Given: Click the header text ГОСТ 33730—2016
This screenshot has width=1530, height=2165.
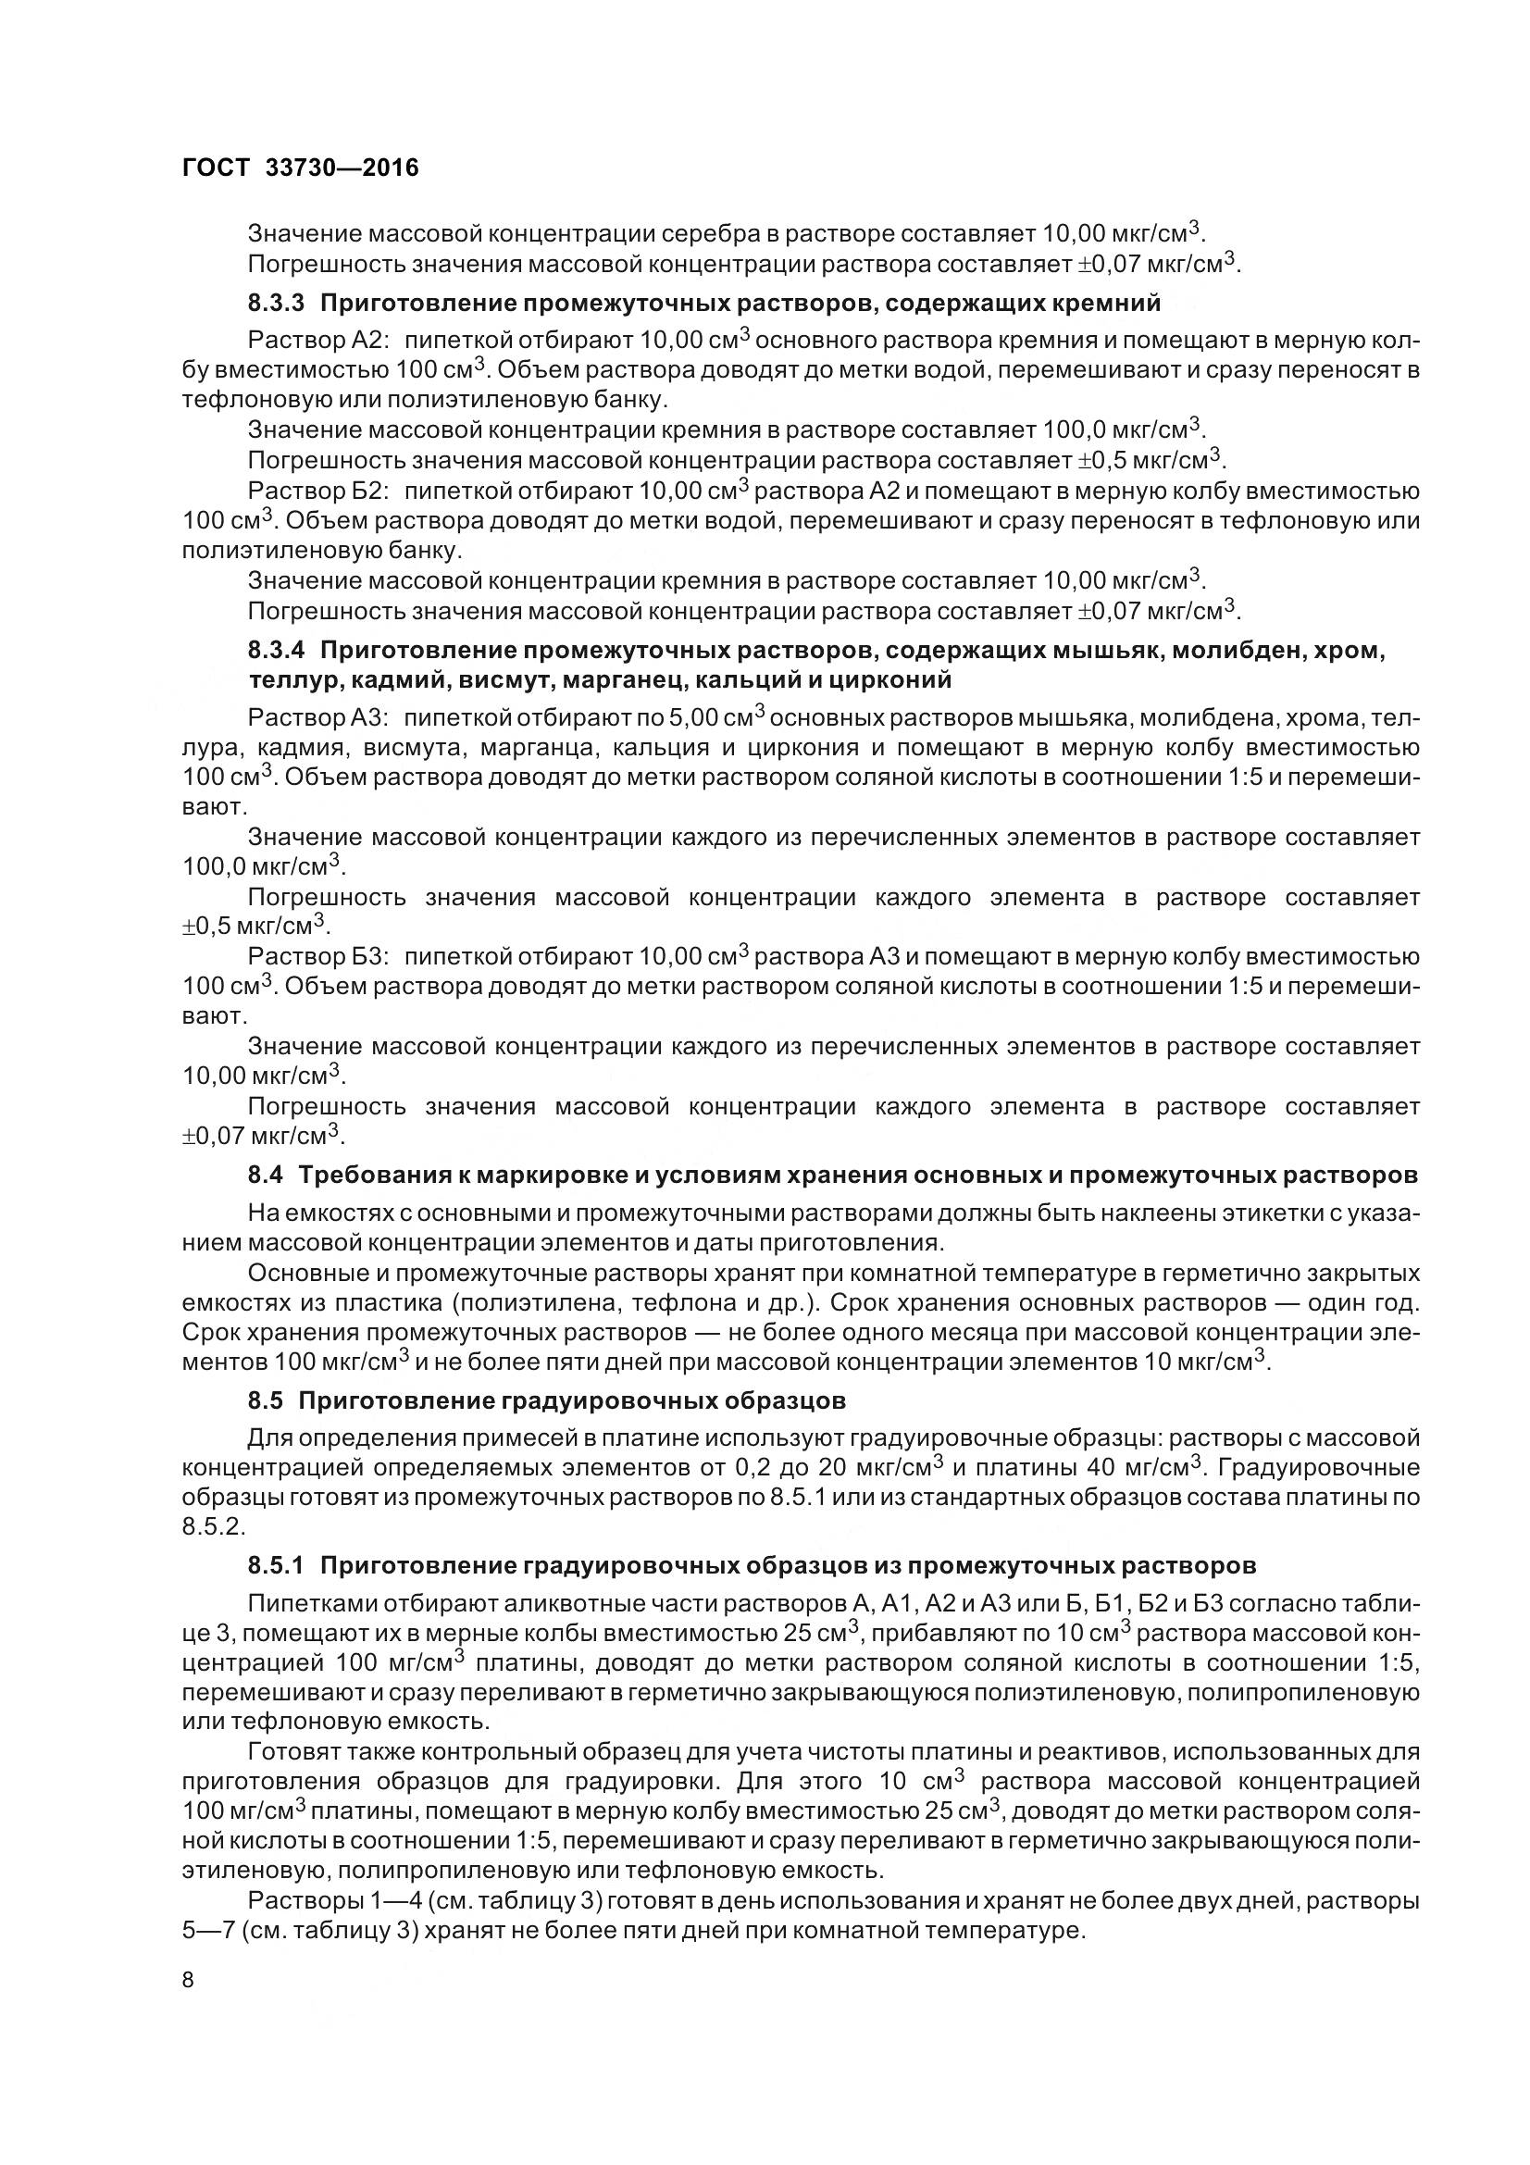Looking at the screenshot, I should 300,168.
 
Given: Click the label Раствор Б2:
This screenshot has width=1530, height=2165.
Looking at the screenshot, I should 312,491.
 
